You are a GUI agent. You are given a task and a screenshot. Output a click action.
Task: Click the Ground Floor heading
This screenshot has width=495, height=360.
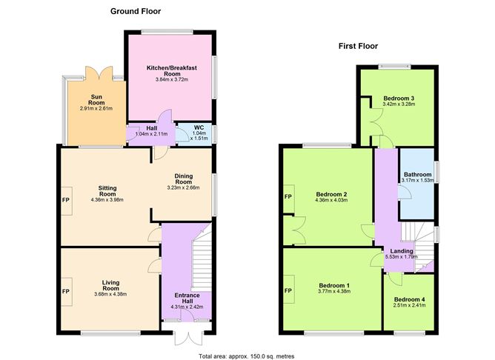[x=136, y=11]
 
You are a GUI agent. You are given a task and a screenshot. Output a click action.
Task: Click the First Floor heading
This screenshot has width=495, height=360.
[x=358, y=46]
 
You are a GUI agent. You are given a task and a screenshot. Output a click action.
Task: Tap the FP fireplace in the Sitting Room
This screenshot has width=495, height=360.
[x=66, y=201]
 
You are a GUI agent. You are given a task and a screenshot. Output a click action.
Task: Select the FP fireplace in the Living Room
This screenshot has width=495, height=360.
[x=66, y=292]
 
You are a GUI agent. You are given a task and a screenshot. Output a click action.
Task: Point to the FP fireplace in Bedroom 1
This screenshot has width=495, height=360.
[x=288, y=290]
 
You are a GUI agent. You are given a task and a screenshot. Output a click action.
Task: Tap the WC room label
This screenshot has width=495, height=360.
[x=199, y=127]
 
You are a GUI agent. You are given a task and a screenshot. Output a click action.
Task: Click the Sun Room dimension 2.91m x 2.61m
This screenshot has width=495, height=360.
[x=96, y=109]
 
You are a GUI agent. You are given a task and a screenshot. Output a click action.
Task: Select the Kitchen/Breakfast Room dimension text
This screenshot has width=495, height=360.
[x=172, y=79]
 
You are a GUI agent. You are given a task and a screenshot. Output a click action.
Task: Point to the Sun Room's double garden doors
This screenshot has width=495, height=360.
[x=99, y=73]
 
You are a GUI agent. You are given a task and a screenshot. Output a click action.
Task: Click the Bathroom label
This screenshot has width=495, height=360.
[x=418, y=175]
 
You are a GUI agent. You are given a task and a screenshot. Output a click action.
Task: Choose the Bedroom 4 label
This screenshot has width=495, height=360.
[x=409, y=299]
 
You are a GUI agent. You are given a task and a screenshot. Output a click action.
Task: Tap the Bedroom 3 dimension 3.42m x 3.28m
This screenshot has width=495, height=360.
[x=399, y=104]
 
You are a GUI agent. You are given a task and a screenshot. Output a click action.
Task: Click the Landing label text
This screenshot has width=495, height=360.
[x=402, y=251]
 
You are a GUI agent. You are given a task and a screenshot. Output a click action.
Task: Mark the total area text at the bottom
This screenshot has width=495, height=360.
[x=247, y=356]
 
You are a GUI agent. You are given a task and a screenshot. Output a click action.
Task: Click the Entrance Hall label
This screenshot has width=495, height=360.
[x=187, y=299]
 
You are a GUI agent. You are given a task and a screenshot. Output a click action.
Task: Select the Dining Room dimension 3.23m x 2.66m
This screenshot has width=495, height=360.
[x=184, y=187]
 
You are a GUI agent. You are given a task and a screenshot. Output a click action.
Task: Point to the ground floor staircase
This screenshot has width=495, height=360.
[x=202, y=260]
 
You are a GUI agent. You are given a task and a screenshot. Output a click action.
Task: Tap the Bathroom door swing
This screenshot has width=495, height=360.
[x=404, y=193]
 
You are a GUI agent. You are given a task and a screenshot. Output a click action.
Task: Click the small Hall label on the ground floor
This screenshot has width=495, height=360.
[x=151, y=128]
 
